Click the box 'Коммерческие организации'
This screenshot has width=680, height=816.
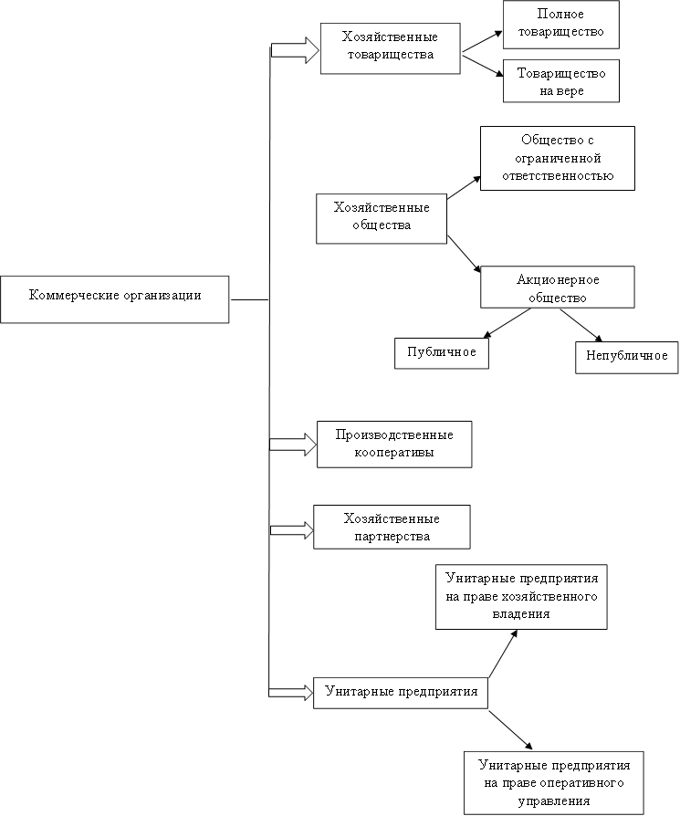point(114,299)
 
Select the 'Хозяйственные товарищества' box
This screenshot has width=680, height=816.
point(391,48)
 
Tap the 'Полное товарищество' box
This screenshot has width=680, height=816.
point(560,25)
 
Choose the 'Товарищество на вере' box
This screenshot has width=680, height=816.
point(560,80)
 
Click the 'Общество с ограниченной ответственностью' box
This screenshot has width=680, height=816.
point(557,158)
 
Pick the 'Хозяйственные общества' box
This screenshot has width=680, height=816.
point(382,218)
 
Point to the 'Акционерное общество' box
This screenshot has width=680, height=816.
point(557,288)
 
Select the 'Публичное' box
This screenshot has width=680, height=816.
point(441,353)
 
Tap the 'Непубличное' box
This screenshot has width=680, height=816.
point(626,358)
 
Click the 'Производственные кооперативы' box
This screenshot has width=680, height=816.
point(394,445)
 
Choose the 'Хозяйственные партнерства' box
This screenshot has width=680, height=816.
point(392,527)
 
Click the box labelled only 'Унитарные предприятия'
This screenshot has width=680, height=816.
point(401,693)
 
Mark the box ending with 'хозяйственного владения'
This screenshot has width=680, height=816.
point(521,597)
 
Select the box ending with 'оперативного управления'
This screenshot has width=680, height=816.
point(554,783)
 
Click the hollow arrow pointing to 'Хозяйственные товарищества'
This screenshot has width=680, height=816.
point(295,50)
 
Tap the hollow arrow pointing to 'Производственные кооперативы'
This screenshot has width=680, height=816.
point(293,445)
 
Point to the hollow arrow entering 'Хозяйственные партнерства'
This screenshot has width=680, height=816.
point(291,530)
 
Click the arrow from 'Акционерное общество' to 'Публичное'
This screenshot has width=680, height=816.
point(507,324)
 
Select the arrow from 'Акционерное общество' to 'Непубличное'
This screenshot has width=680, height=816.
point(581,325)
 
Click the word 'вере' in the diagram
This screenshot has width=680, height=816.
point(570,91)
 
